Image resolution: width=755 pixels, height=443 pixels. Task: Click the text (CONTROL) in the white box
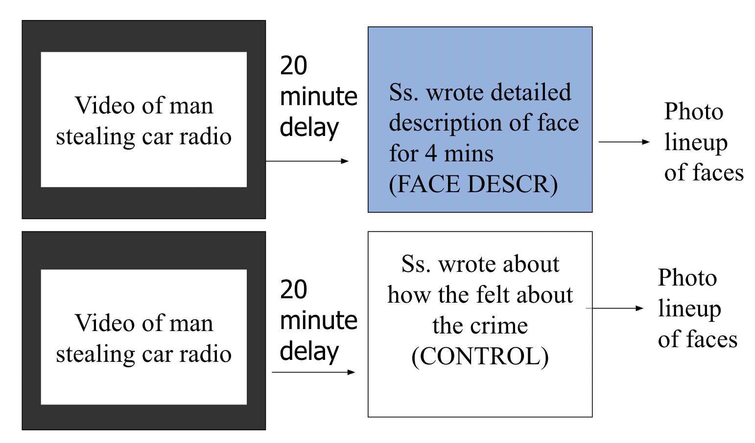[480, 356]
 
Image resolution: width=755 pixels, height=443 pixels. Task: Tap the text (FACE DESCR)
[473, 184]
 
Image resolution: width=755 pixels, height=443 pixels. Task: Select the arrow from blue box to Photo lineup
[624, 142]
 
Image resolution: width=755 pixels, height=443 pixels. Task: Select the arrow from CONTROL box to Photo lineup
[614, 308]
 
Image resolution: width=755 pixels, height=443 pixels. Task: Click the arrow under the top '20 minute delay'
[307, 161]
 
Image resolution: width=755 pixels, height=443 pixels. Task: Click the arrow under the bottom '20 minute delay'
[313, 372]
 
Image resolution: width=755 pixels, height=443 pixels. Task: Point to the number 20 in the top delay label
[293, 66]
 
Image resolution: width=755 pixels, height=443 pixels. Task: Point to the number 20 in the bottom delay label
[293, 289]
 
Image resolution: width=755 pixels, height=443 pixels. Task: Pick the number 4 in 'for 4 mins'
[431, 154]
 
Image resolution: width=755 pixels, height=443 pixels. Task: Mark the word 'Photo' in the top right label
[693, 111]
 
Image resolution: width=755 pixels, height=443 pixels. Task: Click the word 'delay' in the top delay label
[309, 128]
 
